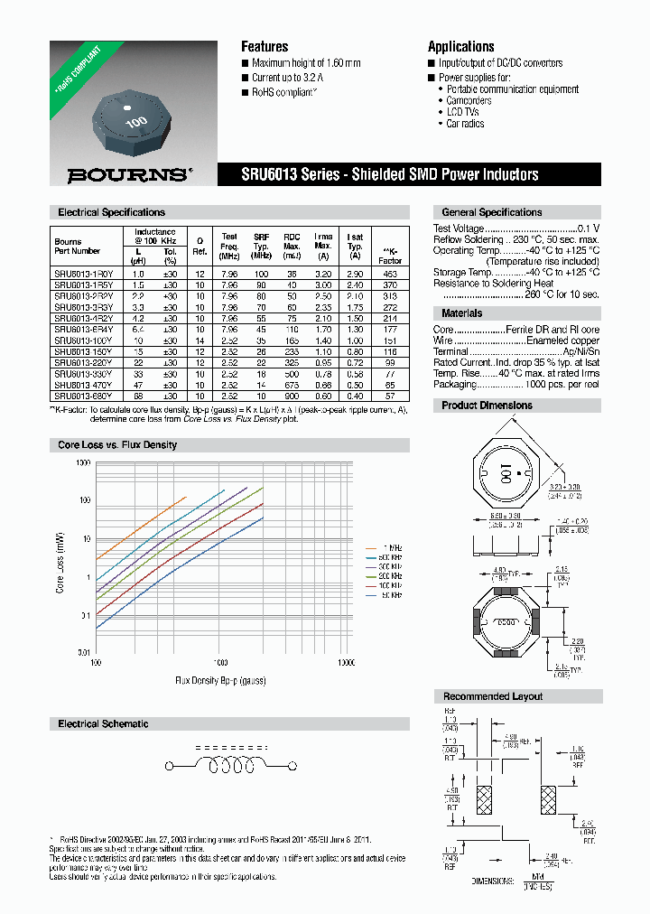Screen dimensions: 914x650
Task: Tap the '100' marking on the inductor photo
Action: (135, 121)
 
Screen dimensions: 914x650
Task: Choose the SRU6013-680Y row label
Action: (83, 396)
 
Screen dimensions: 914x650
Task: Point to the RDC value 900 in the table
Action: (292, 396)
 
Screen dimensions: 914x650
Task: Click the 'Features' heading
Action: (265, 47)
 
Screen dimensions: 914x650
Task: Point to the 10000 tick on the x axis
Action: (347, 662)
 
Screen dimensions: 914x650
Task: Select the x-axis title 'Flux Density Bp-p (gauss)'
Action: (220, 678)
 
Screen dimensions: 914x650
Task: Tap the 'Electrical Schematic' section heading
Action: (103, 724)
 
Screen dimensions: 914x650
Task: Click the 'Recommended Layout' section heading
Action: (492, 696)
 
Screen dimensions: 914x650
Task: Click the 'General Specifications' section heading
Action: (491, 212)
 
